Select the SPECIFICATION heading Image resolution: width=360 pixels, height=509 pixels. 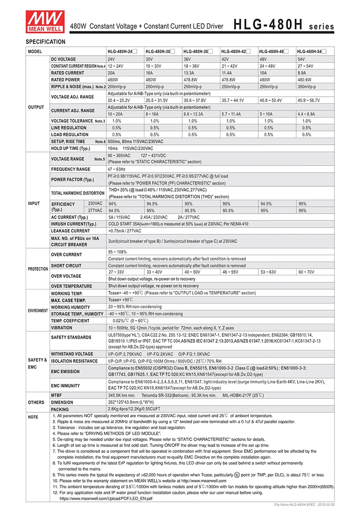(45, 42)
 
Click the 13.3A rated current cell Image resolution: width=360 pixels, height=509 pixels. (189, 73)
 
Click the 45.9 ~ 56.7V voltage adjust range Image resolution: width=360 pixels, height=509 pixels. (308, 100)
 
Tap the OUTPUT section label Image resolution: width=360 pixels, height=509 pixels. (36, 107)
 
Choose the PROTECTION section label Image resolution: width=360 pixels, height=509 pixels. (38, 269)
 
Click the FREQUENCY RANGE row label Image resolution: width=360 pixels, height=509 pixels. (70, 169)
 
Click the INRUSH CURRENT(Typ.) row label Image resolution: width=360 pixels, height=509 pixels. (74, 224)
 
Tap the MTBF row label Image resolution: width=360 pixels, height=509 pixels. (57, 395)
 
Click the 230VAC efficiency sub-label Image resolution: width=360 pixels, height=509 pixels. (95, 203)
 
